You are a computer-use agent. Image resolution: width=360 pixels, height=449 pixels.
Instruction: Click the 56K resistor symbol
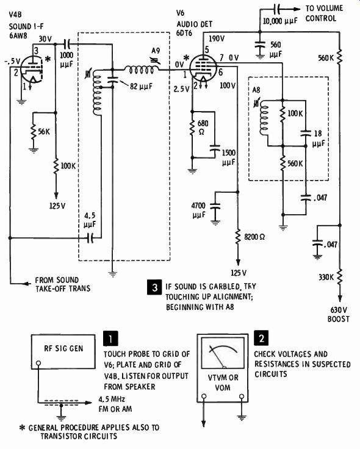34,132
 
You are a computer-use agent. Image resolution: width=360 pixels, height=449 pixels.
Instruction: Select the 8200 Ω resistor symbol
237,237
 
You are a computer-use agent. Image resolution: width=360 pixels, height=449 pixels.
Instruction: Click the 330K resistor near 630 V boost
340,276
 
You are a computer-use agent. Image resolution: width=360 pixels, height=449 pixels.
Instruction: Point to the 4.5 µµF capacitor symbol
90,237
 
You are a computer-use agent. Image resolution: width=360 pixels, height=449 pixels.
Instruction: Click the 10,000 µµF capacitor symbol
278,9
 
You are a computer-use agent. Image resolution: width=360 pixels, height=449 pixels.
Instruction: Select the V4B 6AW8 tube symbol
31,69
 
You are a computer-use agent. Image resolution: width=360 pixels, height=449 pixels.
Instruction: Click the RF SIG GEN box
63,351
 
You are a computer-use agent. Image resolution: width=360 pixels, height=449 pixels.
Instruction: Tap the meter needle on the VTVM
217,356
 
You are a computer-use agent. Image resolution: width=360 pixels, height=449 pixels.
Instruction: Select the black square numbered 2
261,338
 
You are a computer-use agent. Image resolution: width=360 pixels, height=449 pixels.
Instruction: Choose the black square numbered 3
155,287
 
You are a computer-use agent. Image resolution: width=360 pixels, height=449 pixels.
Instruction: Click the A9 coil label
155,51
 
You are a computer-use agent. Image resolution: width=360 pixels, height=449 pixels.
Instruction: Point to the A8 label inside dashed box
256,90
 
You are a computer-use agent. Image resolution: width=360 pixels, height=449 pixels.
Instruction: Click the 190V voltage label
217,38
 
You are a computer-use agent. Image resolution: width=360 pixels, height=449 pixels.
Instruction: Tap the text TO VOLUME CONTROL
323,13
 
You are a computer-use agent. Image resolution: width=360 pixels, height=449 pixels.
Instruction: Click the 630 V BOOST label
339,314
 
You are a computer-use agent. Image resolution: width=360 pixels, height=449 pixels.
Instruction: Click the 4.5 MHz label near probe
112,399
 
